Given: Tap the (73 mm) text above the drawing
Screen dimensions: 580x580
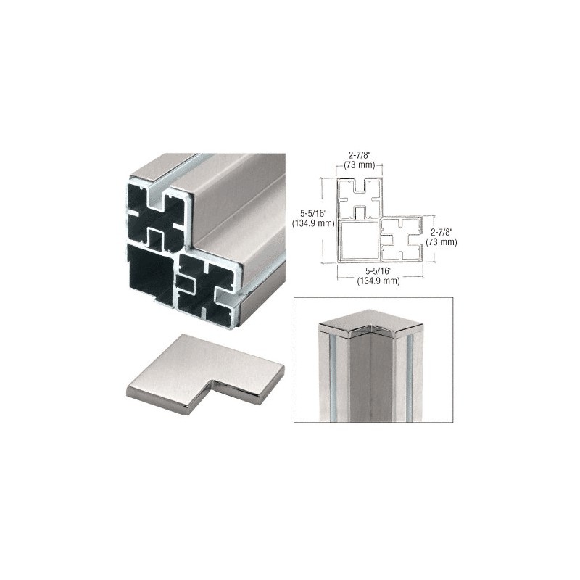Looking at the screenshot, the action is click(360, 165).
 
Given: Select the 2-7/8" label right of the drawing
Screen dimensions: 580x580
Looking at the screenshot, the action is click(442, 233).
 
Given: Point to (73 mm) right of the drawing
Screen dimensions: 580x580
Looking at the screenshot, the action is click(442, 242).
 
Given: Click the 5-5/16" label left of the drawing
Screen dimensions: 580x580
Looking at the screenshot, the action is click(313, 214).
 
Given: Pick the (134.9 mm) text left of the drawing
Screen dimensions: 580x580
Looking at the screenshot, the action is click(313, 223).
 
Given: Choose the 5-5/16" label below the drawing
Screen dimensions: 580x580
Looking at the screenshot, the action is click(378, 271).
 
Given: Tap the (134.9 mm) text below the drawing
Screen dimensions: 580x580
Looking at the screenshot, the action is click(378, 281).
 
